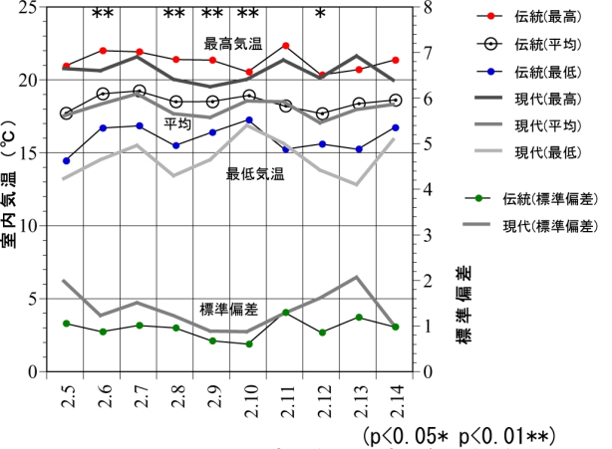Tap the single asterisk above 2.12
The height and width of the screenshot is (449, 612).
click(x=321, y=14)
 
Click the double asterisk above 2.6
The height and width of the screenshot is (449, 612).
click(x=103, y=14)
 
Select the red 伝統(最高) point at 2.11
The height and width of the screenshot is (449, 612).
click(x=286, y=46)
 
